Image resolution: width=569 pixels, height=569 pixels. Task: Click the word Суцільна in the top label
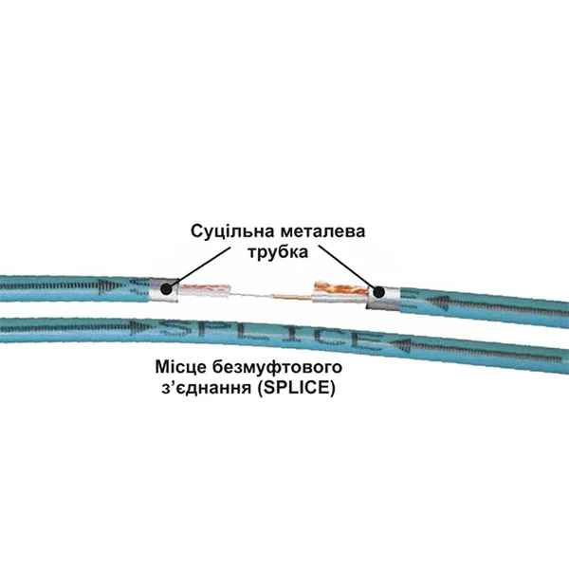pos(232,231)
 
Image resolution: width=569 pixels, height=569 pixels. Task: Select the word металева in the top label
pos(322,231)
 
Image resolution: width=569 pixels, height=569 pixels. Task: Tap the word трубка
pos(278,252)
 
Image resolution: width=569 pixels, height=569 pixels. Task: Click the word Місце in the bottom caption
pos(180,367)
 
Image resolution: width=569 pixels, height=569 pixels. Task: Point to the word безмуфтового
pos(277,367)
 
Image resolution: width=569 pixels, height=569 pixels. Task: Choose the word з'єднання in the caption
pos(206,388)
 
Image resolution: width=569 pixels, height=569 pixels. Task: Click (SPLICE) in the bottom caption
pos(296,388)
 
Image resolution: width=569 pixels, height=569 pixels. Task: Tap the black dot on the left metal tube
pos(166,289)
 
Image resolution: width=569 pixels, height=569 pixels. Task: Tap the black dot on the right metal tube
pos(378,292)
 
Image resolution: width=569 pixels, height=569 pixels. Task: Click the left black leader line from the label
pos(200,267)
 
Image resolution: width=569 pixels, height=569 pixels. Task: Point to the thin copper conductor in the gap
pos(292,298)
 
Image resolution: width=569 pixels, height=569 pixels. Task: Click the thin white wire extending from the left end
pos(250,295)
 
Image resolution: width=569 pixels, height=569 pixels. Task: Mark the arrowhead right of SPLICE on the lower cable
pos(400,344)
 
